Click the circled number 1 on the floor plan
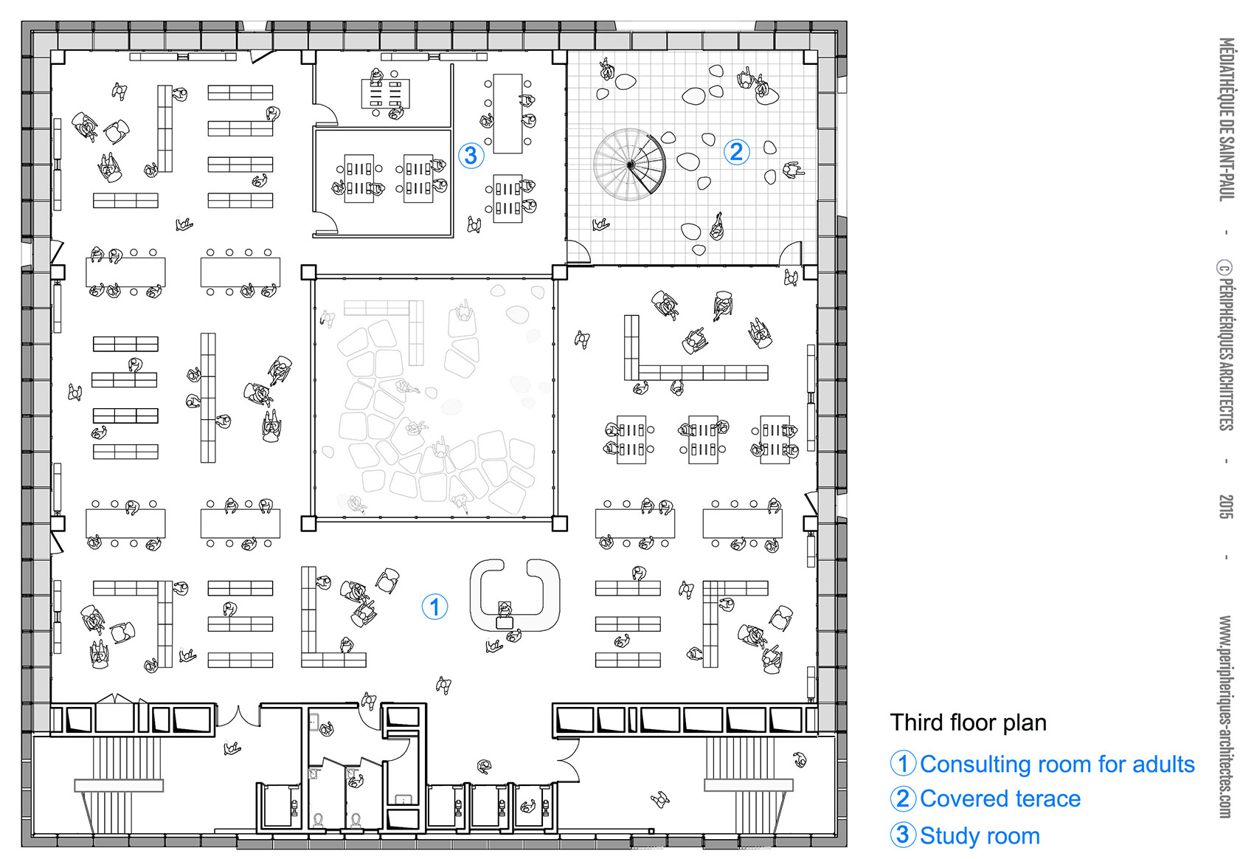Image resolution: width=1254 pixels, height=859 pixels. coord(434,607)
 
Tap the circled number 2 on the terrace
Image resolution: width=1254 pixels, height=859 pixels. coord(736,152)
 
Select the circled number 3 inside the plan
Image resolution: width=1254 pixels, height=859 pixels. coord(471,155)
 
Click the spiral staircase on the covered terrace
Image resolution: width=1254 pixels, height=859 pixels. coord(631,164)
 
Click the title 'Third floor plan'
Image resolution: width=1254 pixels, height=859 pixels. coord(968,722)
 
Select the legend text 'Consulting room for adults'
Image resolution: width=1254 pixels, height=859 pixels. coord(1058,764)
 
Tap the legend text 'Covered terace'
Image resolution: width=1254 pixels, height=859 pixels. coord(1000,798)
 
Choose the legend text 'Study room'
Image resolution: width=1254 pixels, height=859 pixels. coord(980,835)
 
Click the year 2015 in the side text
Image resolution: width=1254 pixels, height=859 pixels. coord(1226,506)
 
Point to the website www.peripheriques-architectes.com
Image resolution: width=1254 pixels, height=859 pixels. coord(1226,717)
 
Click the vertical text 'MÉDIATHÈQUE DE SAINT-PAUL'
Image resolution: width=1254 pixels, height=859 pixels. coord(1226,120)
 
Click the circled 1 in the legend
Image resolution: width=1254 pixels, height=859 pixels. coord(902,763)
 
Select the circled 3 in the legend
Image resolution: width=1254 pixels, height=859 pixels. coord(902,835)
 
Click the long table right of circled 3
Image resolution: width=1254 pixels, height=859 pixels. coord(508,114)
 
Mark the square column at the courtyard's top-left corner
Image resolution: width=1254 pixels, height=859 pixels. coord(308,273)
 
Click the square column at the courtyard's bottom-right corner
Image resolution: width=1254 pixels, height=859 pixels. coord(559,523)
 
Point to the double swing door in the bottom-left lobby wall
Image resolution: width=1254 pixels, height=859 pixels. coord(238,716)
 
